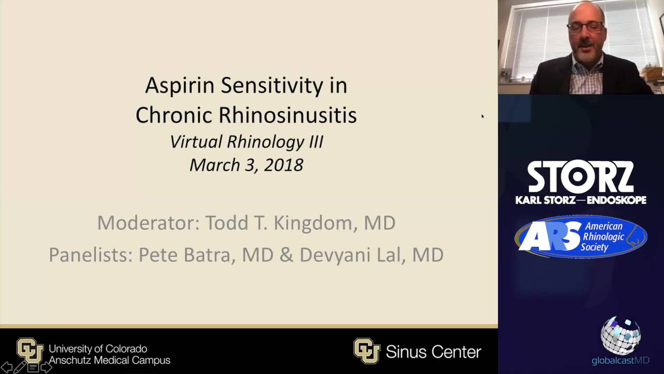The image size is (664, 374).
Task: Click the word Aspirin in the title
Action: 179,86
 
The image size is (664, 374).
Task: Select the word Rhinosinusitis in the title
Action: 288,115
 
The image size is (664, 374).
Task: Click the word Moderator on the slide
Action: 148,223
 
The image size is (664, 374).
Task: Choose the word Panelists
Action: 91,255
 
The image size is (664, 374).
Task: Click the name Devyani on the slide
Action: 335,255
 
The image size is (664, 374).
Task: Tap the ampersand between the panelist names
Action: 286,255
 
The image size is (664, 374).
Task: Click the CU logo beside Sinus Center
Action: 367,351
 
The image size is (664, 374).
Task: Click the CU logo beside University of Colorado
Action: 30,351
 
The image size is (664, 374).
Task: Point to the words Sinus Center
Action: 433,352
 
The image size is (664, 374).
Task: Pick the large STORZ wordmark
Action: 580,177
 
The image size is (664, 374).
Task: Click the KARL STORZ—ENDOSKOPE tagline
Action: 580,200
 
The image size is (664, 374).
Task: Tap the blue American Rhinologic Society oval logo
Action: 581,236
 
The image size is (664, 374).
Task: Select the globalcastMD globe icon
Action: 621,336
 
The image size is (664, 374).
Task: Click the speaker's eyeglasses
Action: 585,26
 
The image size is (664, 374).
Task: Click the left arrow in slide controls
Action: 6,367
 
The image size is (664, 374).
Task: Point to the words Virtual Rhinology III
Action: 246,142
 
